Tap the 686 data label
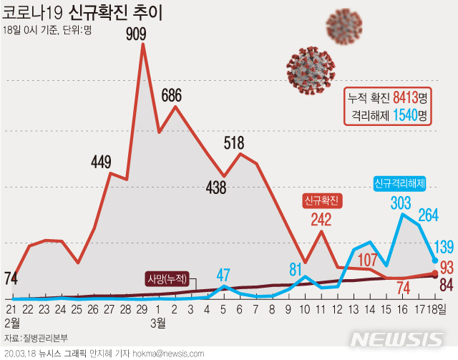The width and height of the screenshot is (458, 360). click(175, 94)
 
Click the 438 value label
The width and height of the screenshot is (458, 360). click(215, 188)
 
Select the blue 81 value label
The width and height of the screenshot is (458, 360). click(295, 270)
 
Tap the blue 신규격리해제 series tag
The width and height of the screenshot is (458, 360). click(399, 184)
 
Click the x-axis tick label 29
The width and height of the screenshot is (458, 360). click(142, 309)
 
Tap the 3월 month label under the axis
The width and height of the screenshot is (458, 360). click(158, 323)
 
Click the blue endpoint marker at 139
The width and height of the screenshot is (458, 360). click(435, 260)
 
